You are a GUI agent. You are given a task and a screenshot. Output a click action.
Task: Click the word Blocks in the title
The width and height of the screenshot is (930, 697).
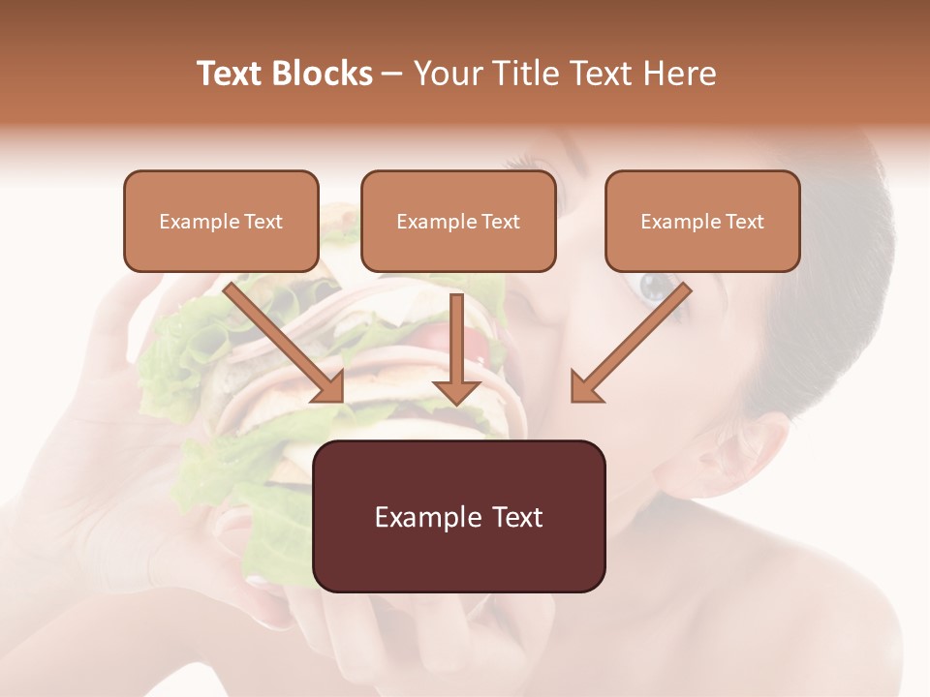click(325, 74)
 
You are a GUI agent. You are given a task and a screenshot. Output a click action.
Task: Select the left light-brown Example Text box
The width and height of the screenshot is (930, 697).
click(221, 221)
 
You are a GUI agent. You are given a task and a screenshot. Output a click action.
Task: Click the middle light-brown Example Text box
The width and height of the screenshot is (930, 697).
click(458, 221)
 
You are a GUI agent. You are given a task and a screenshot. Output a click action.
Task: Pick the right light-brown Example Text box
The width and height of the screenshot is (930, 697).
click(702, 221)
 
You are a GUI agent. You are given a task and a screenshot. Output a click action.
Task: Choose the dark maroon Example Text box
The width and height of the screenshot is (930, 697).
click(459, 516)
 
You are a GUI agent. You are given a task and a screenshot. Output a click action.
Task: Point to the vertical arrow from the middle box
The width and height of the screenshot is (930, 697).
click(456, 348)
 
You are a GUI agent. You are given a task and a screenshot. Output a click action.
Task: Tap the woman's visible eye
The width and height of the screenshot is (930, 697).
click(651, 288)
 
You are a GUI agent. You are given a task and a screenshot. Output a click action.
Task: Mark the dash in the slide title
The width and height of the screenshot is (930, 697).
click(392, 74)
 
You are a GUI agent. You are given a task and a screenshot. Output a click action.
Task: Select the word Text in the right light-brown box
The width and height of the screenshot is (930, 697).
click(744, 222)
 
